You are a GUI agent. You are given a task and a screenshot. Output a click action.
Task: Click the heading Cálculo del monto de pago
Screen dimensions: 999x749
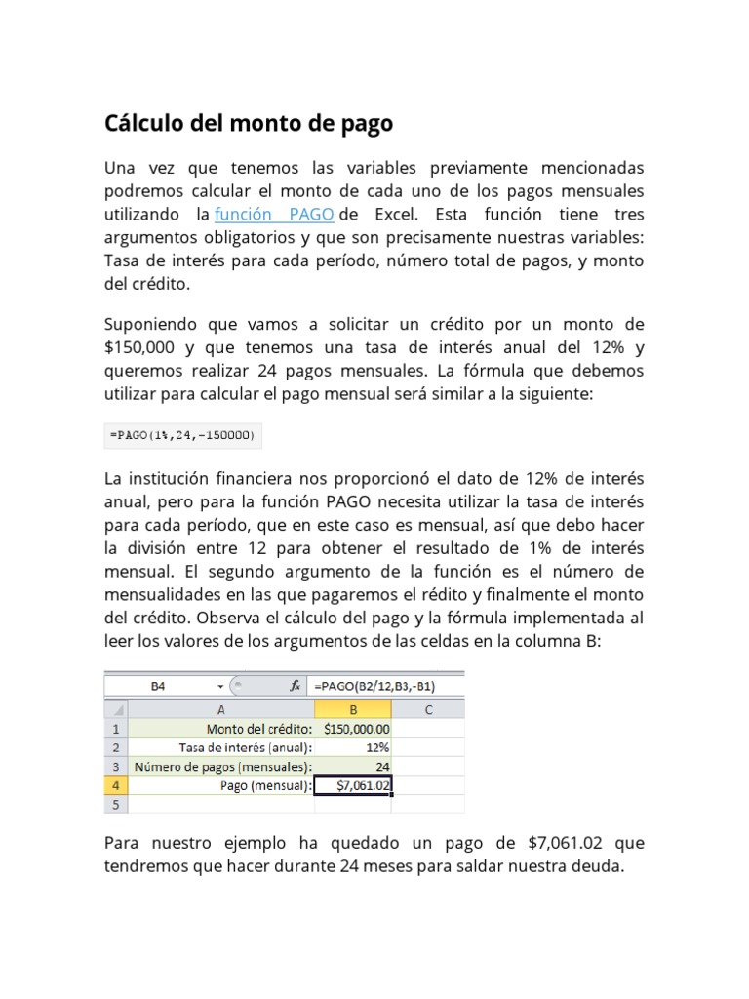click(x=249, y=124)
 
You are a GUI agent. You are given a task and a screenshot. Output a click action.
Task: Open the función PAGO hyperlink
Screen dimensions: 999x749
click(x=274, y=214)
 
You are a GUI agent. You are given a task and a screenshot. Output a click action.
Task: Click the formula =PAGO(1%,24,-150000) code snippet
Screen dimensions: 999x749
click(x=182, y=435)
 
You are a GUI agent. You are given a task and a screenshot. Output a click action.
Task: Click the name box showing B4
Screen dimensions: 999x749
click(x=159, y=686)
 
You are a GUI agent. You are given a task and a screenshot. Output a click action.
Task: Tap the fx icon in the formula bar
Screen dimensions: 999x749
click(x=295, y=686)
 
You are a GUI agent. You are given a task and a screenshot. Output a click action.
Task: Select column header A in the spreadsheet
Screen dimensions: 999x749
click(x=221, y=709)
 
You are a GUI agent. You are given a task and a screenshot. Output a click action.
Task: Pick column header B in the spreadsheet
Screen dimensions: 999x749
click(x=353, y=709)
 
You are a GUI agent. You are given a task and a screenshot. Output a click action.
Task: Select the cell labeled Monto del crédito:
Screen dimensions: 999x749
click(x=221, y=729)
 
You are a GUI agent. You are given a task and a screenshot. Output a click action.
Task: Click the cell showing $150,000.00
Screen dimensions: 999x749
click(x=353, y=729)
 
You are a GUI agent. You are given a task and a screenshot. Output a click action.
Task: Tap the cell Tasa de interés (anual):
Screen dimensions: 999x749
click(x=221, y=747)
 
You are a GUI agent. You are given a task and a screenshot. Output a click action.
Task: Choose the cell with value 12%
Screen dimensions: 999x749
click(x=353, y=747)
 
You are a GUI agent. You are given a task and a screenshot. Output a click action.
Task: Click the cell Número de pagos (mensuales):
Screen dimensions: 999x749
click(x=221, y=766)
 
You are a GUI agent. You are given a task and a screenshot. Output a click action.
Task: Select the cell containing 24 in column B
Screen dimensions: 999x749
click(x=353, y=766)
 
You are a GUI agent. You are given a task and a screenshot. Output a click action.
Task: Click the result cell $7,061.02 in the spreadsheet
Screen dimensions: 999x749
click(x=353, y=785)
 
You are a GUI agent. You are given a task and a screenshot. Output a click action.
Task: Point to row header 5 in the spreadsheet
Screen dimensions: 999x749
click(x=116, y=804)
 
